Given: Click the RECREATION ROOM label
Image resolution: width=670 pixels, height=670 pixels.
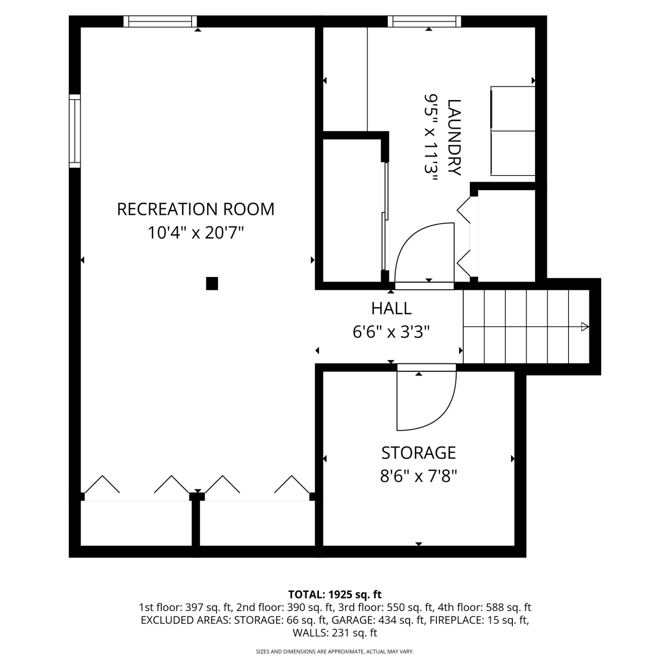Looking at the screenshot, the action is tap(196, 209).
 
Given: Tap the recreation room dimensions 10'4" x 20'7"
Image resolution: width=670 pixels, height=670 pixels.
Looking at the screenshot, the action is tap(196, 233).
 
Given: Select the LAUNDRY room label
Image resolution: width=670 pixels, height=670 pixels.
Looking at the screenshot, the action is tap(454, 138).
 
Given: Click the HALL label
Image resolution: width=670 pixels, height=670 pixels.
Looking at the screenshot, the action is tap(391, 308).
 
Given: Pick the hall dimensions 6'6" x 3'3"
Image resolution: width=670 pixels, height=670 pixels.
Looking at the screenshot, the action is tap(391, 332).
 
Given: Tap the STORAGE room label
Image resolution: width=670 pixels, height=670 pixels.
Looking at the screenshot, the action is tap(419, 453).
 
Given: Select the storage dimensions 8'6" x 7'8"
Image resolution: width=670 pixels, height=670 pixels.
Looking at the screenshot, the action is tap(419, 477).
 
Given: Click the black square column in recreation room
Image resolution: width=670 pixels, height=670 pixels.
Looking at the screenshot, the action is tap(212, 284).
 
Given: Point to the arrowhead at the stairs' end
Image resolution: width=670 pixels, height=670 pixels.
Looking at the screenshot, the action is tap(585, 327).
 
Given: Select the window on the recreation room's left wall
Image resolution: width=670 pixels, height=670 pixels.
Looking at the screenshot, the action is tap(75, 131).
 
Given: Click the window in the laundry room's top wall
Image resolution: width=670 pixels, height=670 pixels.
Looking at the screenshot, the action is tap(424, 21).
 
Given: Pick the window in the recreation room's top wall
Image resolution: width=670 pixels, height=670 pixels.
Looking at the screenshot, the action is tap(160, 21).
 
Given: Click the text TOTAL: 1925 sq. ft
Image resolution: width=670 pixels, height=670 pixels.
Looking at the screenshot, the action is tap(335, 595).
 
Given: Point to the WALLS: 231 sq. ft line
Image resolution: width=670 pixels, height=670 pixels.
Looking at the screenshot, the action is tap(335, 633).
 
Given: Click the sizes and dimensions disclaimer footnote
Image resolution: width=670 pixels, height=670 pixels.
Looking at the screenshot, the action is tap(335, 652).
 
